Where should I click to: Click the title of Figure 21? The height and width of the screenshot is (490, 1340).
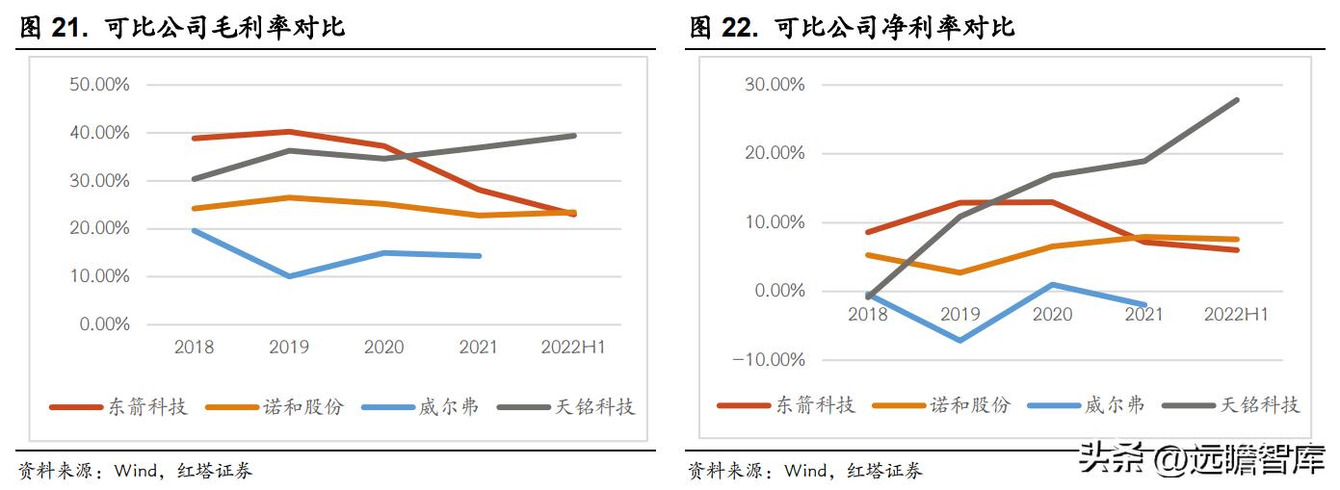point(182,28)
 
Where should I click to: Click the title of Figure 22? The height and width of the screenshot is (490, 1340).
point(852,28)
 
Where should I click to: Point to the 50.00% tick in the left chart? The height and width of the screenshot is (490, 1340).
point(99,85)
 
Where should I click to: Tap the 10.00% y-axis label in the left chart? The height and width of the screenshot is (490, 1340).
point(99,276)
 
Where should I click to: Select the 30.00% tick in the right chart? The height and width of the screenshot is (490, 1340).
point(774,85)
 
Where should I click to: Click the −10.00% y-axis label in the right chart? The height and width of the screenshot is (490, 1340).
point(770,359)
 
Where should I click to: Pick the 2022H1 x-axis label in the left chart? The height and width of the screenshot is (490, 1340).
point(572,347)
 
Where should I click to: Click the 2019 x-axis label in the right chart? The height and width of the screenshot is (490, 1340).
point(959,314)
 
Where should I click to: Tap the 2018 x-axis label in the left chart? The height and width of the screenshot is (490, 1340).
point(194,347)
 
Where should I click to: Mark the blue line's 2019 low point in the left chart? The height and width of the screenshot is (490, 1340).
point(289,276)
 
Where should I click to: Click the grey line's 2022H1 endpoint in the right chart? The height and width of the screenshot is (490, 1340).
point(1237,100)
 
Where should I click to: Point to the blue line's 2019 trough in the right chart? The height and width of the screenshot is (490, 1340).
point(959,341)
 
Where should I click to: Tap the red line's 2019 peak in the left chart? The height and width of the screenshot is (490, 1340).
point(289,132)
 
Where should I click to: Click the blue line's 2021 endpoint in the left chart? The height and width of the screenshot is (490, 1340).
point(479,256)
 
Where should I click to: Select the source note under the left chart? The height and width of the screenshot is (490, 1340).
point(135,472)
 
